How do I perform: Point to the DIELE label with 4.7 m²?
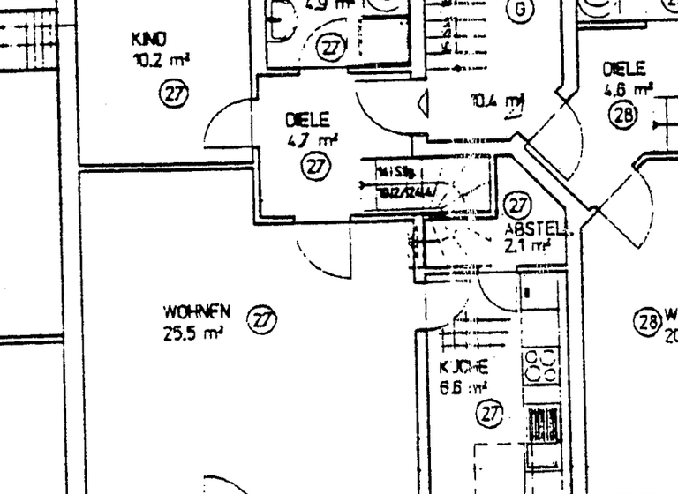click(x=307, y=120)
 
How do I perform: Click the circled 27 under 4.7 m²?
click(x=314, y=164)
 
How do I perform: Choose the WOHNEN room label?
click(x=196, y=312)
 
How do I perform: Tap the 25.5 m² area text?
click(x=192, y=333)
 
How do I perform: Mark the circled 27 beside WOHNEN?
click(x=260, y=319)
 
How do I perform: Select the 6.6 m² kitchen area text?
click(x=463, y=387)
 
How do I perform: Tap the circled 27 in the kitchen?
click(x=488, y=412)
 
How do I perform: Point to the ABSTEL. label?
click(x=538, y=228)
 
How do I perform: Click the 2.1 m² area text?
click(x=527, y=246)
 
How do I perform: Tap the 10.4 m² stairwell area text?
click(x=497, y=101)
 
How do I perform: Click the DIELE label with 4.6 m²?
click(x=624, y=69)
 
